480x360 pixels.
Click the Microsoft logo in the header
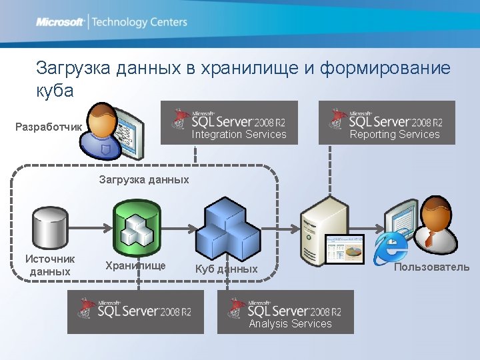[60, 22]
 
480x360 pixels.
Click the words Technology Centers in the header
[139, 22]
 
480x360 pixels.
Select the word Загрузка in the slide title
[73, 68]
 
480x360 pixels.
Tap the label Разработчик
[49, 127]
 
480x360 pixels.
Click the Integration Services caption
[239, 135]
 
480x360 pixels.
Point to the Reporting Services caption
[395, 135]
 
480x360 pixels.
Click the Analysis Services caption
[290, 324]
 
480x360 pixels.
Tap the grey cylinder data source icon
[51, 227]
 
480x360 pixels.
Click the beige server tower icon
[324, 227]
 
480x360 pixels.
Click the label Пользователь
[431, 267]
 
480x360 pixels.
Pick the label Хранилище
[135, 265]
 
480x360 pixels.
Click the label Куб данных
[226, 269]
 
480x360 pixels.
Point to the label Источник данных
[50, 265]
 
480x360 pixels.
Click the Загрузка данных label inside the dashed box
[144, 179]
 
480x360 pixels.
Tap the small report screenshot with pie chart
[345, 249]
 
